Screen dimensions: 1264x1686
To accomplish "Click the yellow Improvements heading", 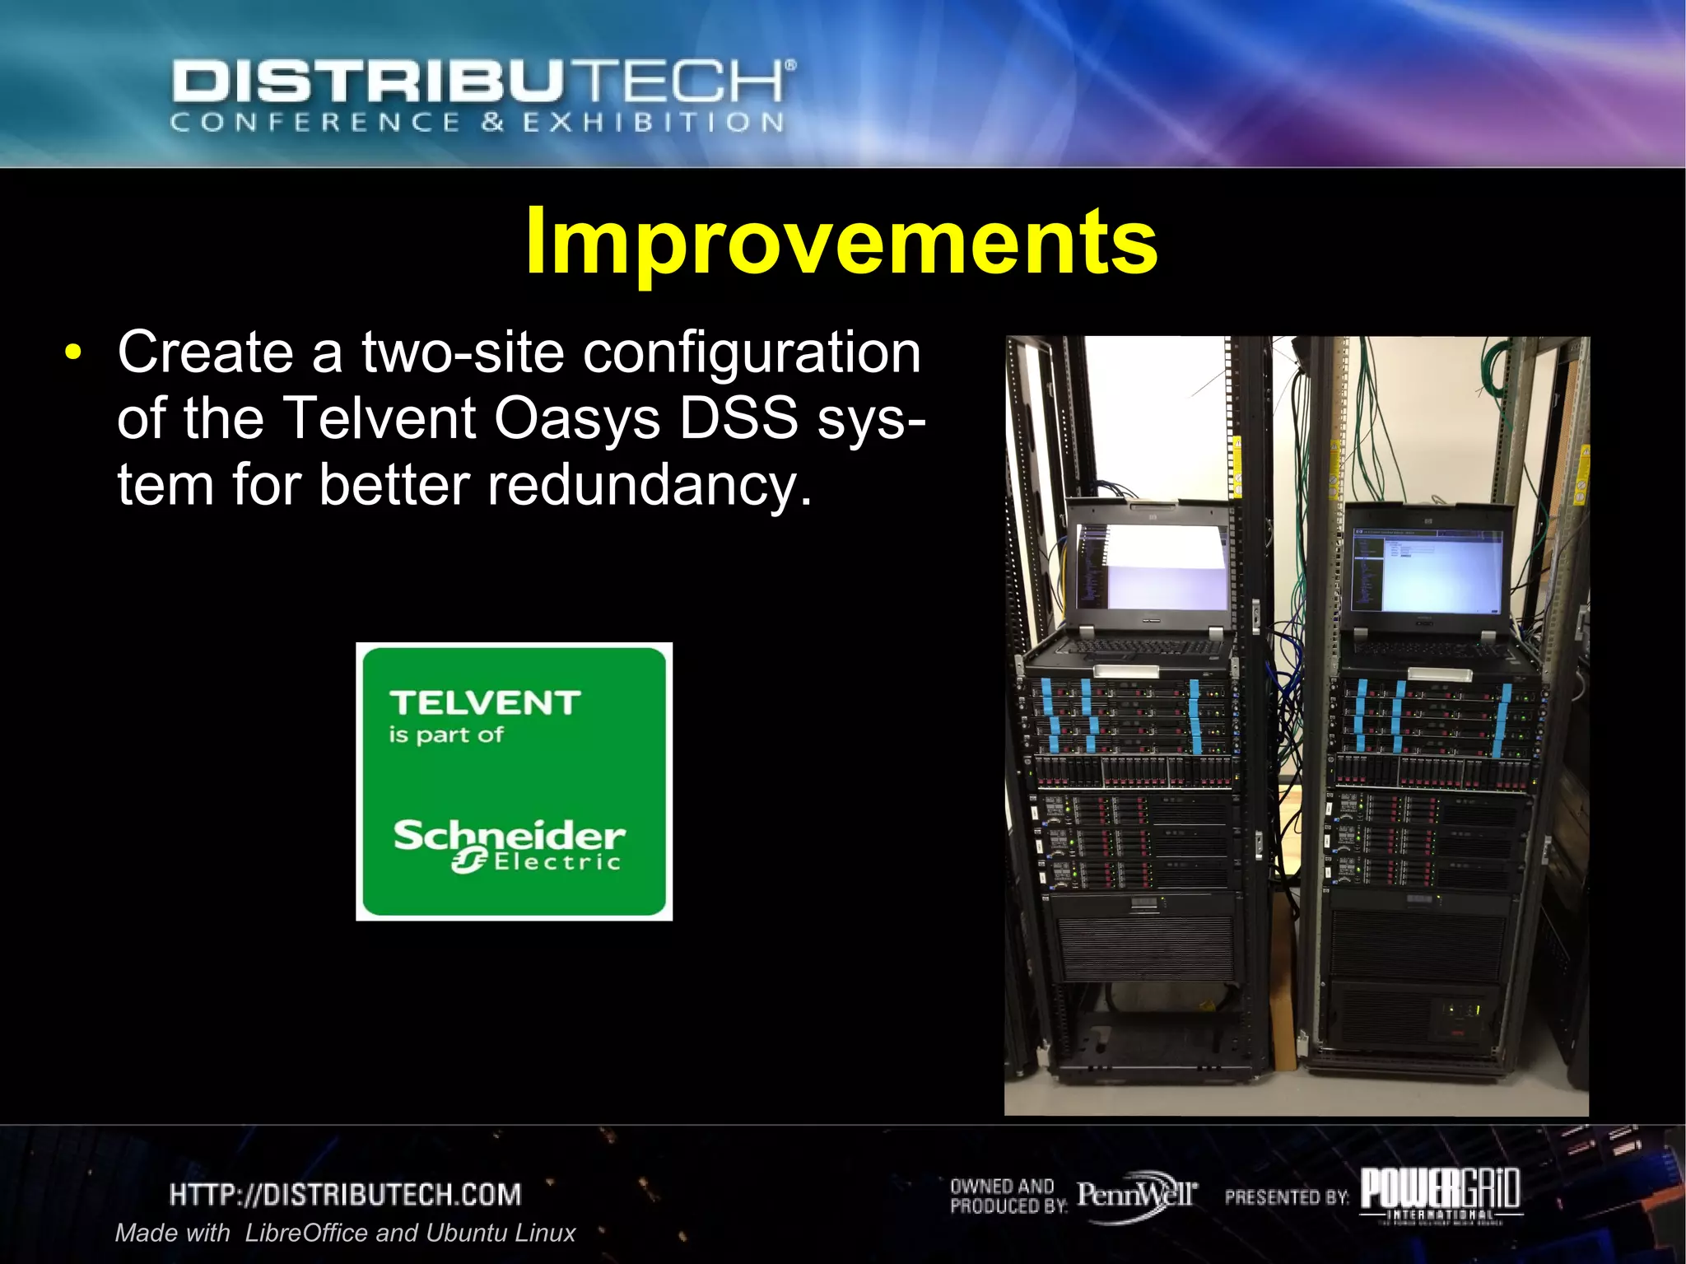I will point(841,240).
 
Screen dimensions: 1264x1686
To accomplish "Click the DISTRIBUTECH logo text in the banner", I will point(482,82).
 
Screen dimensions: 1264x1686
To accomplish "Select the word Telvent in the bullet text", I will point(379,418).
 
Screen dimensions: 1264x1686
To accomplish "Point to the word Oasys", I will point(576,418).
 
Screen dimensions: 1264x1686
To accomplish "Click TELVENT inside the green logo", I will point(485,702).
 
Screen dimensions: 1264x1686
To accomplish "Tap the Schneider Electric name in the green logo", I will point(509,844).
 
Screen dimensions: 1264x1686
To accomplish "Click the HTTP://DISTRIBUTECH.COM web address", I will point(346,1194).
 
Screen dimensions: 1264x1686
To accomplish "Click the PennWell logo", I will point(1136,1194).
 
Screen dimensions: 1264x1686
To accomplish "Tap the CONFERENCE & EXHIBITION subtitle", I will point(477,123).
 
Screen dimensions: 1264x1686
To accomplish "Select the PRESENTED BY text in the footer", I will point(1286,1196).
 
